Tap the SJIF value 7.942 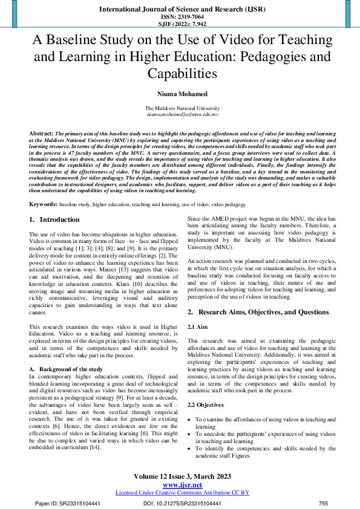click(191, 24)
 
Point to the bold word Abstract click(41, 131)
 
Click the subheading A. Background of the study click(66, 369)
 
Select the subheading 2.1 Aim click(197, 326)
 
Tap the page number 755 click(323, 504)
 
